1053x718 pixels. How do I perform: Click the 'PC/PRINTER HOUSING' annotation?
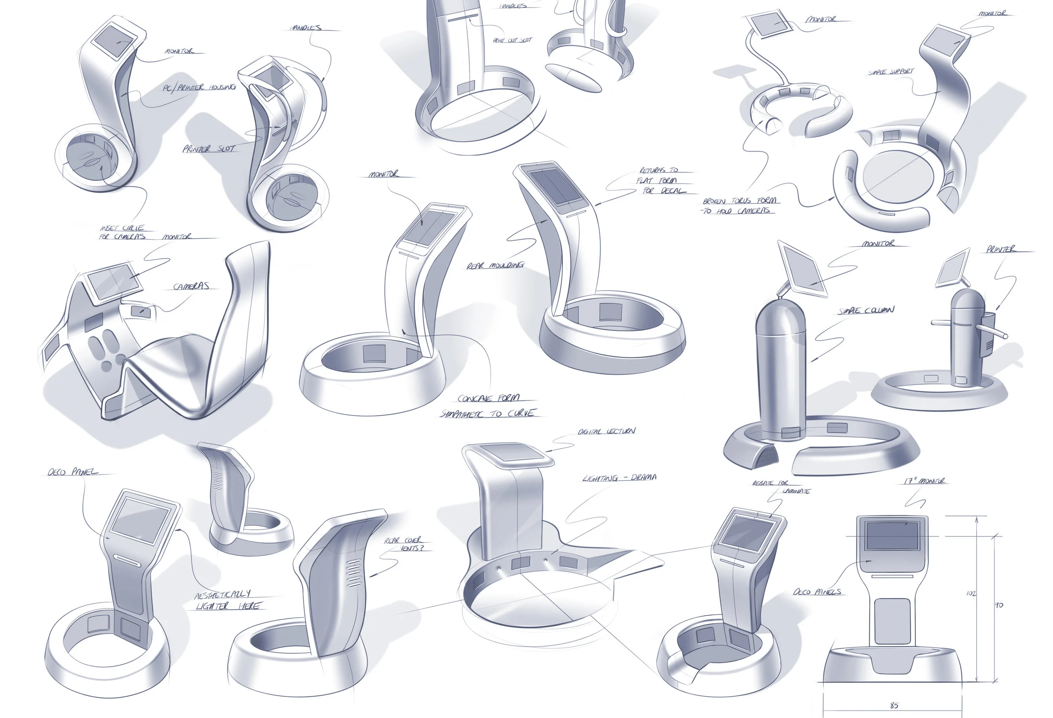(x=199, y=87)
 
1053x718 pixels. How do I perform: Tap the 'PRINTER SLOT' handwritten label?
(x=209, y=149)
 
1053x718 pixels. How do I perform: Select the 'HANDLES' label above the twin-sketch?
(x=306, y=28)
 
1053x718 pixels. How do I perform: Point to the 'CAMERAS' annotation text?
(x=191, y=286)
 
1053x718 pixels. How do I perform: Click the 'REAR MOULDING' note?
(x=495, y=265)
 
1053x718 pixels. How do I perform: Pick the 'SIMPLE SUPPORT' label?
(x=891, y=72)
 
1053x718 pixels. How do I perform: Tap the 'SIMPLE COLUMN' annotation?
(x=866, y=310)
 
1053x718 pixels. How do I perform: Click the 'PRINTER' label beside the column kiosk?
(x=1000, y=249)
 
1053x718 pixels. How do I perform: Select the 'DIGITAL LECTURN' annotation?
(x=607, y=431)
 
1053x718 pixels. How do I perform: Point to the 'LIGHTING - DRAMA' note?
(x=619, y=478)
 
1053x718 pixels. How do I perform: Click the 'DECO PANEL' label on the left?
(x=72, y=472)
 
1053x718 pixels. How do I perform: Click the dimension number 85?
(x=894, y=705)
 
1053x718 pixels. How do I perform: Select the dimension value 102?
(x=971, y=593)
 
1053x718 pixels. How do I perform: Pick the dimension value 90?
(x=999, y=605)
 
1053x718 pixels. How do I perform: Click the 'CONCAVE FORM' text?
(x=489, y=399)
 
